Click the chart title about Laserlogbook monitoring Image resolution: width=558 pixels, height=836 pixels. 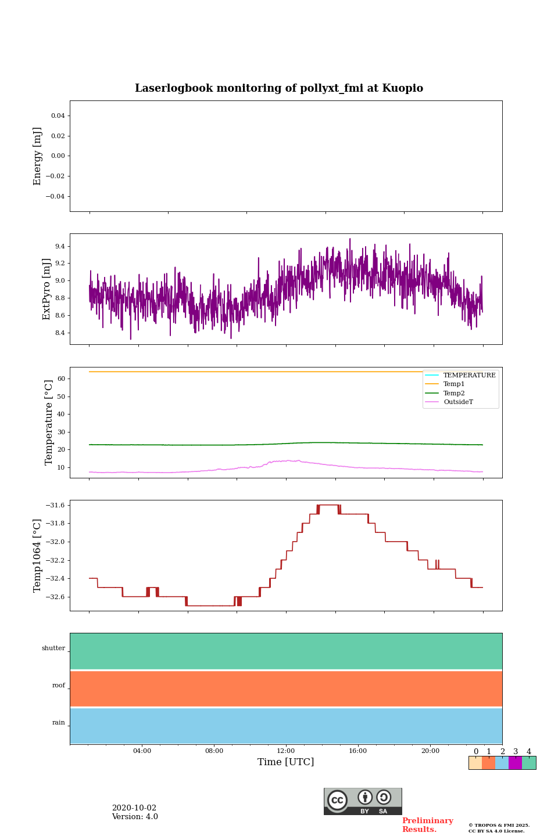279,88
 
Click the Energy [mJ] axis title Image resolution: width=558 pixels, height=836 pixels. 38,156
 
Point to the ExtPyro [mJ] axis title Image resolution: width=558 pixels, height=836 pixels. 47,289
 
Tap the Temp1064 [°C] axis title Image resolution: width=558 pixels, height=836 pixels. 38,556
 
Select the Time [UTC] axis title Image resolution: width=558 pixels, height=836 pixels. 286,762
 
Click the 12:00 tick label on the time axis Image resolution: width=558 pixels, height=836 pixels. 286,751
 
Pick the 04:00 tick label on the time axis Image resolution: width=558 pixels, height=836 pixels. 142,751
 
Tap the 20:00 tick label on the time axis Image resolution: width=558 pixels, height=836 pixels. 430,751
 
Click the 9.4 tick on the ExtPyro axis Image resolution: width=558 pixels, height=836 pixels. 60,246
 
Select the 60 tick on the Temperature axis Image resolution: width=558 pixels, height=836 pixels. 60,379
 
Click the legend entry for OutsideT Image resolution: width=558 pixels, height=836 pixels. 458,402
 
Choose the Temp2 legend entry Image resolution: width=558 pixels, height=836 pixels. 454,393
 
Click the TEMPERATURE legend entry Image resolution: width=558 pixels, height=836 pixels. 469,375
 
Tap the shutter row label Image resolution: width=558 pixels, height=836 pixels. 53,648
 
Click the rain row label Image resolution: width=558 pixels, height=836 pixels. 59,723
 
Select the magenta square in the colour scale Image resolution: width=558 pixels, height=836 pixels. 515,763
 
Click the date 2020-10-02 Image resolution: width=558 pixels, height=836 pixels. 134,808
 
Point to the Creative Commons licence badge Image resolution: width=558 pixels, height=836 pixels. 363,801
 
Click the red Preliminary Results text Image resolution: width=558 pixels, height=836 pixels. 427,825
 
